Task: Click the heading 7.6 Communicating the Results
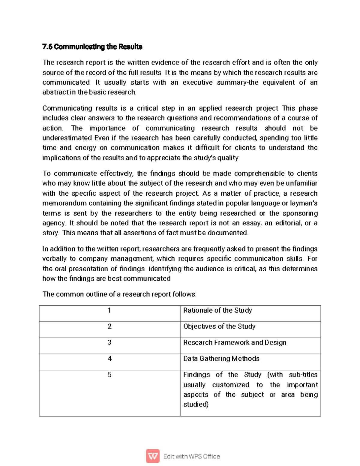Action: [92, 47]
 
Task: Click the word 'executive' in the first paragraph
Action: [197, 83]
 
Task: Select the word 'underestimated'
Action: [67, 138]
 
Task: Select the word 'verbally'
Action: [54, 259]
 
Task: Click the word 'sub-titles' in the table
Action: [303, 375]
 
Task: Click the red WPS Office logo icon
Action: [153, 456]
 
